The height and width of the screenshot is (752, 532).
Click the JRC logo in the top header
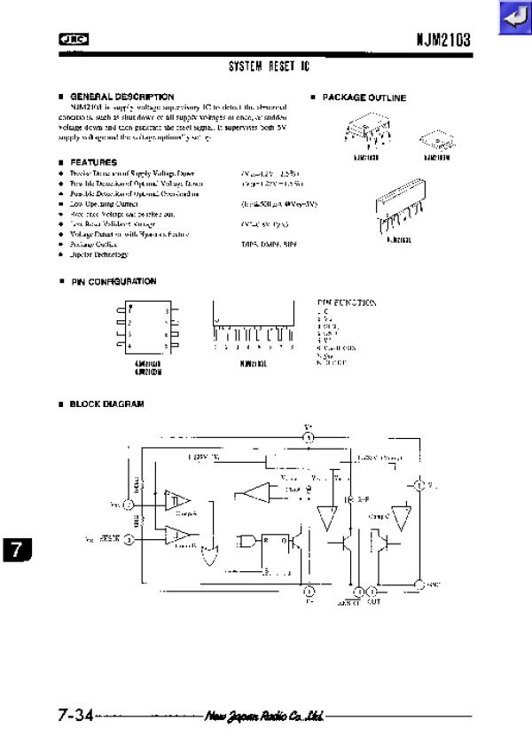coord(68,38)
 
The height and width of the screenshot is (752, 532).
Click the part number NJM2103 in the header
coord(443,39)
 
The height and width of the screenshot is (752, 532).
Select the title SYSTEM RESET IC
coord(270,67)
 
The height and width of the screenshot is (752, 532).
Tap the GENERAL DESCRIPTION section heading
coord(121,96)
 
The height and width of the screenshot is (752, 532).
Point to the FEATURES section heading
coord(93,162)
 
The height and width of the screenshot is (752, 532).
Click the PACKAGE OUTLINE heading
coord(364,98)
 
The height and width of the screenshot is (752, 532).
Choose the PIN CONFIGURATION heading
coord(113,281)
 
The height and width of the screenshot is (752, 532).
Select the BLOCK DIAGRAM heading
coord(106,403)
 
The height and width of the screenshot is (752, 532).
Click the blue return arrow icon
coord(512,18)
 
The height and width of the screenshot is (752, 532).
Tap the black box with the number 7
coord(15,549)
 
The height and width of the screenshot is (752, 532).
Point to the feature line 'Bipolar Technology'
coord(99,255)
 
